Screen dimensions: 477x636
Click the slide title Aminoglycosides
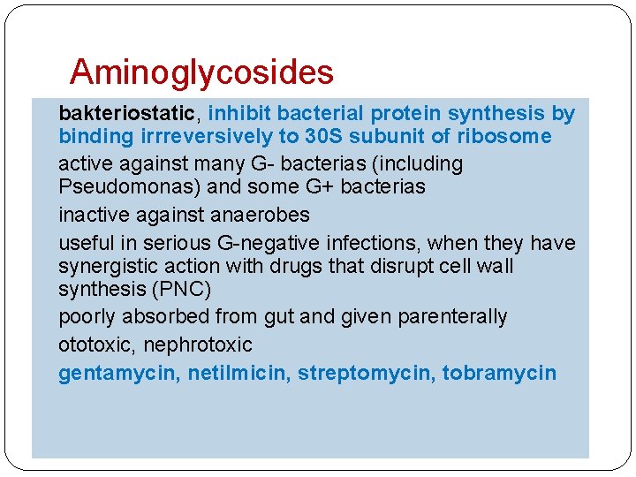[x=201, y=72]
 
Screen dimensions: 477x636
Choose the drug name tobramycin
[x=499, y=373]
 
